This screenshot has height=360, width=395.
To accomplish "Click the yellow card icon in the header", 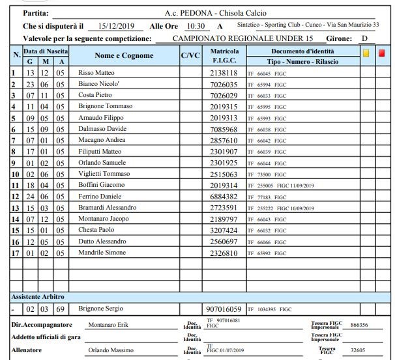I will coord(366,54).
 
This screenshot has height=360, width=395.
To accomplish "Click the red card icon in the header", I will coord(382,54).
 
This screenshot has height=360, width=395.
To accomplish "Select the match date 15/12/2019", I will coord(115,26).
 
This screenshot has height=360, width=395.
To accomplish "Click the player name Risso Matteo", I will coord(96,73).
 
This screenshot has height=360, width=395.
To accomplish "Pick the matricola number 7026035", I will coord(224,84).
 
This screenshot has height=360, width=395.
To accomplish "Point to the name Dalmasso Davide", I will coord(102,130).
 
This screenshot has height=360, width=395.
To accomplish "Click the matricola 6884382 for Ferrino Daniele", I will coord(224,197).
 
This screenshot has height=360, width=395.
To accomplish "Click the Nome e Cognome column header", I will coord(124,55).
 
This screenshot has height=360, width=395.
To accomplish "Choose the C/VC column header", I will coord(190,55).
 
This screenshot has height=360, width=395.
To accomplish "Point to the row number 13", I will coord(16,208).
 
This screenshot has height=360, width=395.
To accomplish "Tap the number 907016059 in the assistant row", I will coord(223,309).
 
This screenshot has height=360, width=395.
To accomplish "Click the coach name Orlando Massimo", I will coord(110,351).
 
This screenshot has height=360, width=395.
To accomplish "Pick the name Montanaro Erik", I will coord(108,324).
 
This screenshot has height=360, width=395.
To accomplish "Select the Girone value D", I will coord(364,38).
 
